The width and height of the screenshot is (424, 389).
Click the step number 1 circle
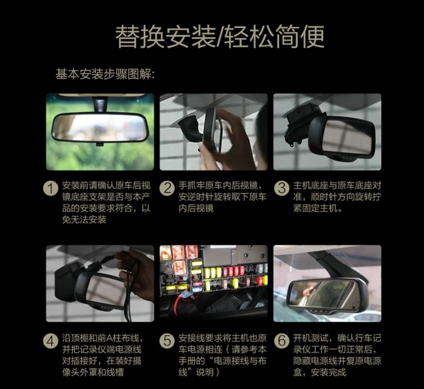point(50,188)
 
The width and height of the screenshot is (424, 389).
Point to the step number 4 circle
point(50,341)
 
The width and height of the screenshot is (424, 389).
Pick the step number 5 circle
point(167,341)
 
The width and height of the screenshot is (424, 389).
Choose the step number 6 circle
point(282,341)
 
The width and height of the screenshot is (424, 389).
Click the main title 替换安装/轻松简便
point(220,37)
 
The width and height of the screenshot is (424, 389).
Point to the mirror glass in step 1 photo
point(100,127)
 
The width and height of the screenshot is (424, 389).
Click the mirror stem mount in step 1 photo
point(100,104)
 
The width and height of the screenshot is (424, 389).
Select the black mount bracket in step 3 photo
point(300,122)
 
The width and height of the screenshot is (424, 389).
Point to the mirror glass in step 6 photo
point(322,293)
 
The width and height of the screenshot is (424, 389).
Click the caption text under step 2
point(222,197)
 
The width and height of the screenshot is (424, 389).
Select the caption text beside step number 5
point(222,355)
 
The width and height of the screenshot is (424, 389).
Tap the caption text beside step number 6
point(337,355)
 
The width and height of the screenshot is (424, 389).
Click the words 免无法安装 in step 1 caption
point(84,219)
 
